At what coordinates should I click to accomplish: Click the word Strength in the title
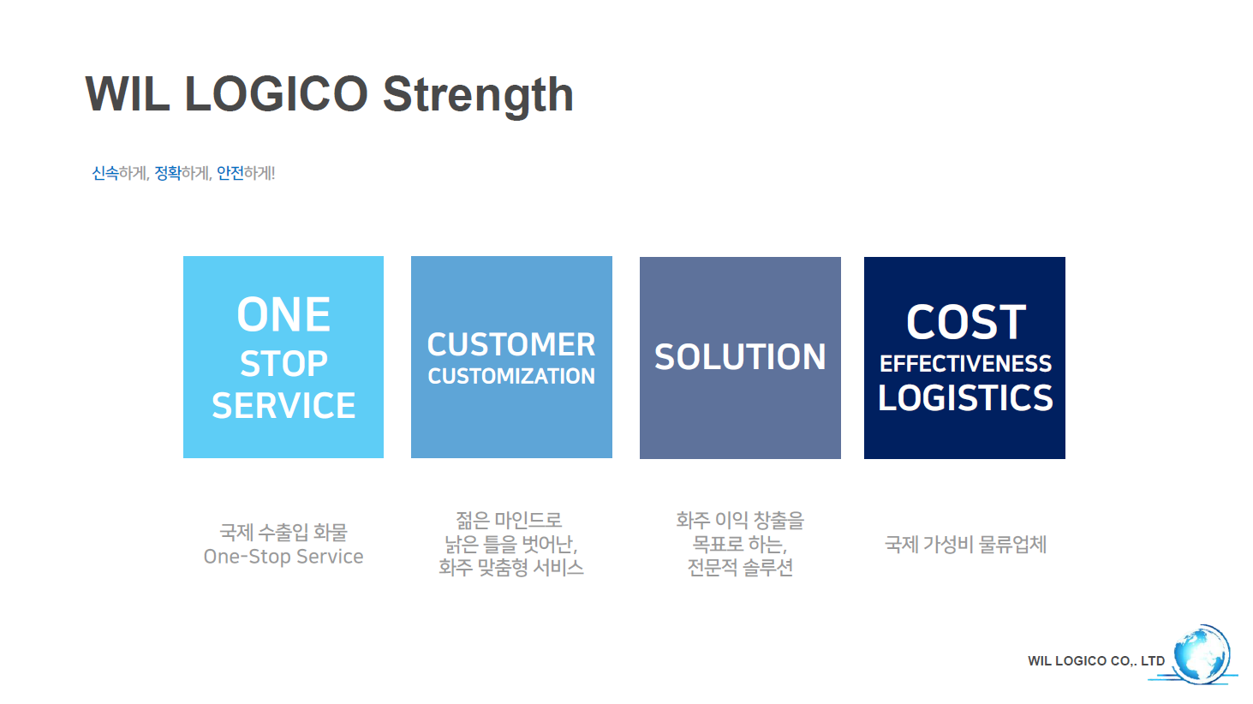click(478, 96)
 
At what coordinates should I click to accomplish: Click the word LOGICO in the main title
click(276, 93)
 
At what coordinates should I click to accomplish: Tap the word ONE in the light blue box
click(283, 314)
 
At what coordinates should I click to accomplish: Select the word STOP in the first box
click(283, 363)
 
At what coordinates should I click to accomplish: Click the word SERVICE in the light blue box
click(283, 405)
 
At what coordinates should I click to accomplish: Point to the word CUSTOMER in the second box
click(511, 344)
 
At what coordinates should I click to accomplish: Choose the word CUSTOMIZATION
click(511, 376)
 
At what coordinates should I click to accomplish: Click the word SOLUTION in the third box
click(740, 357)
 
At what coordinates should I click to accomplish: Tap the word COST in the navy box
click(966, 322)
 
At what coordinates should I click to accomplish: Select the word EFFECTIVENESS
click(965, 364)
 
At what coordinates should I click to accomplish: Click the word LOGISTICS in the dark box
click(965, 398)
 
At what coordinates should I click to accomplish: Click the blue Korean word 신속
click(105, 173)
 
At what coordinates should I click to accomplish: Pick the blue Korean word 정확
click(168, 173)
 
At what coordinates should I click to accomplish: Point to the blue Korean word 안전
click(230, 173)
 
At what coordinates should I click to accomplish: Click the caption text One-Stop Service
click(283, 557)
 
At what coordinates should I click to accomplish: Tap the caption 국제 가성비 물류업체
click(965, 544)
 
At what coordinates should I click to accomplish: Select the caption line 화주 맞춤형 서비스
click(511, 568)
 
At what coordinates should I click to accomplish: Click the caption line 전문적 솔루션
click(740, 568)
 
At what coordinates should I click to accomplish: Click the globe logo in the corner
click(1201, 654)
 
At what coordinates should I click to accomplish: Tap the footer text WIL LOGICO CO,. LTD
click(1095, 661)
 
